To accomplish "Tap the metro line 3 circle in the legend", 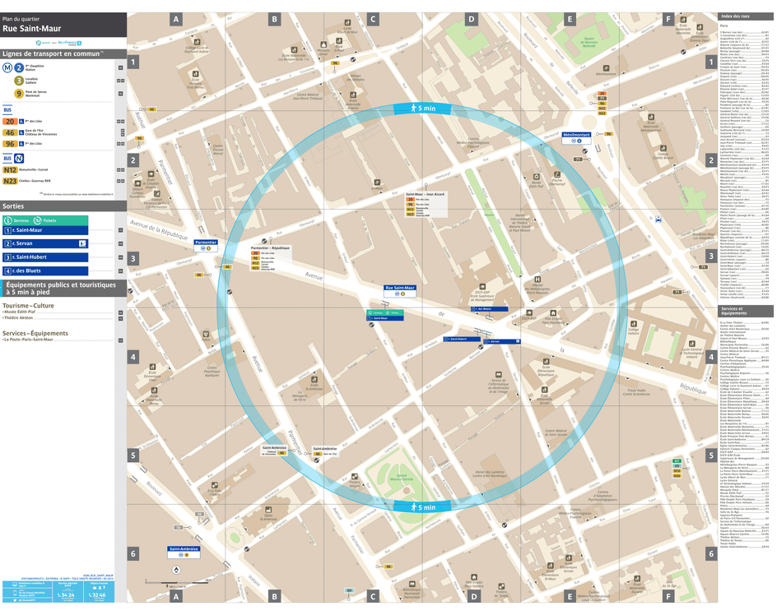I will point(19,81).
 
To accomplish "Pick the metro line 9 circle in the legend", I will point(19,94).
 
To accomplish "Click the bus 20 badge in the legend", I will point(10,121).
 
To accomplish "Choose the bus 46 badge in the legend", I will point(10,132).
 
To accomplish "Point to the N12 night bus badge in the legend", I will point(10,169).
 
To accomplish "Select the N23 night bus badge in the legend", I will point(10,180).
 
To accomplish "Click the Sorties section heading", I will point(13,206).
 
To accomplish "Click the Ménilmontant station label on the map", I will point(577,135).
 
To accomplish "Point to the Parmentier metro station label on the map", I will point(205,243).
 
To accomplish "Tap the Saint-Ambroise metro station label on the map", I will point(184,548).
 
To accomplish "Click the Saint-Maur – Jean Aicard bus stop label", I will point(424,195).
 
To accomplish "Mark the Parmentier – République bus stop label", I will point(270,247).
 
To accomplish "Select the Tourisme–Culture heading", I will point(28,305).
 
